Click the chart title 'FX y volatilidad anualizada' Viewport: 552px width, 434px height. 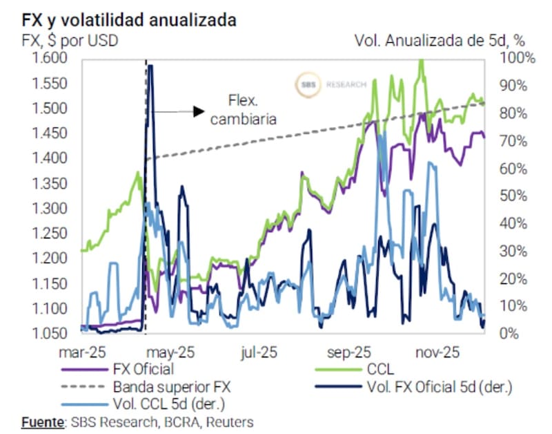(125, 19)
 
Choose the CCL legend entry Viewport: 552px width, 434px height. (382, 368)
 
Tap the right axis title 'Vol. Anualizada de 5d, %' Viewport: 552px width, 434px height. (444, 40)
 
